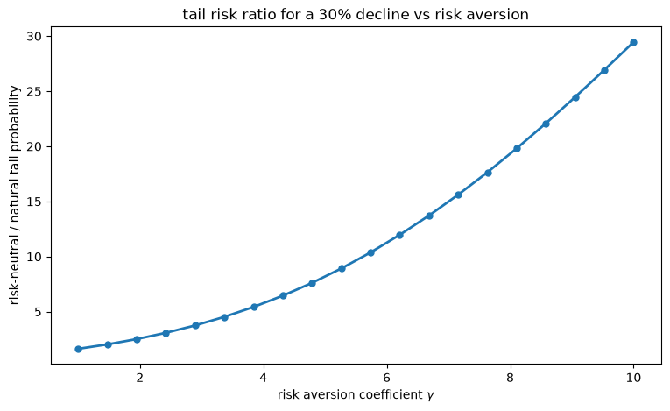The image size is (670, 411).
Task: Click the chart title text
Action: (356, 15)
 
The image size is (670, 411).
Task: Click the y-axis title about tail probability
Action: (15, 195)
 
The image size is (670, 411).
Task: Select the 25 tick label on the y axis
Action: (34, 91)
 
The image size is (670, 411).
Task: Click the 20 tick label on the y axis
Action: (34, 146)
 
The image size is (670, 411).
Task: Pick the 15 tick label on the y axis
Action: (34, 202)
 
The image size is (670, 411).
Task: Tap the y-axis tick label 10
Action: (34, 257)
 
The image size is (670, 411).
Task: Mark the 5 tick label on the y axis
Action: (38, 312)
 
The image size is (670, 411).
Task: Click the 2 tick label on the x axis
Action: (140, 378)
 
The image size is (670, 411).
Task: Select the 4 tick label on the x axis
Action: (264, 378)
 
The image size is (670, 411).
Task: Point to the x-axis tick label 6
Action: (387, 378)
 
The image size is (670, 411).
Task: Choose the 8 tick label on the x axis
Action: (511, 378)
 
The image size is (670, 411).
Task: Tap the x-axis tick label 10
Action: (633, 378)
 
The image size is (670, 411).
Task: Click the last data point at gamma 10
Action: (633, 42)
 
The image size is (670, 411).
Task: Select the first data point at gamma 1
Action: (78, 349)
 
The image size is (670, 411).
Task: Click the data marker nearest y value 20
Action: (517, 148)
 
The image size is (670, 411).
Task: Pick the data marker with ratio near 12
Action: (399, 235)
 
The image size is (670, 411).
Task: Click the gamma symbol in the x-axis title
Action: (430, 395)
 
